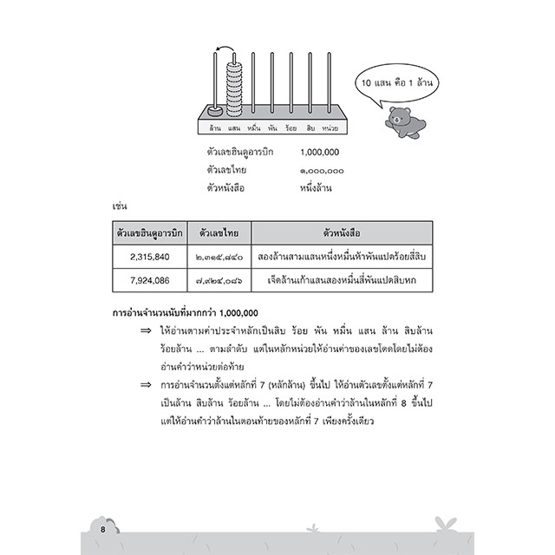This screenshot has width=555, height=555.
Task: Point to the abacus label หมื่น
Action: click(x=254, y=129)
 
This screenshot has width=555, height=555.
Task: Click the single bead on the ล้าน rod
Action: click(x=214, y=110)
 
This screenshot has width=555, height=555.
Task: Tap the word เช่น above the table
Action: click(x=121, y=208)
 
